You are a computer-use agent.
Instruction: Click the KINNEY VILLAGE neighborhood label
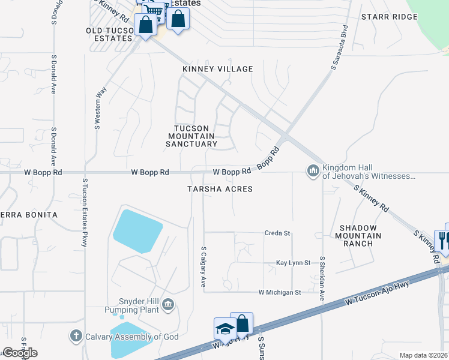(x=218, y=70)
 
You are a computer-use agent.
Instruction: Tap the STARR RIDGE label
(x=389, y=17)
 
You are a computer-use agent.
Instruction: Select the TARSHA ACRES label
(x=219, y=189)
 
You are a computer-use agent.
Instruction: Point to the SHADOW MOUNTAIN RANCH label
(x=358, y=235)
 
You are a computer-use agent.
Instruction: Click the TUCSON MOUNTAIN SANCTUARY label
(x=191, y=136)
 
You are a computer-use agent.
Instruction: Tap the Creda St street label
(x=277, y=233)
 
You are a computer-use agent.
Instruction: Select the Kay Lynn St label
(x=293, y=263)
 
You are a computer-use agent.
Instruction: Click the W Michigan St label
(x=279, y=292)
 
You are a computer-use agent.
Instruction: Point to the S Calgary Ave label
(x=203, y=266)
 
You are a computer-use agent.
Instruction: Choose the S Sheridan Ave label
(x=322, y=278)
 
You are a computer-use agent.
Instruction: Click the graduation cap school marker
(x=225, y=329)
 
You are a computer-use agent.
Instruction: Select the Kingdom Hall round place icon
(x=312, y=172)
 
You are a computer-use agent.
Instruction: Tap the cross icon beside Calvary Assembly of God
(x=76, y=336)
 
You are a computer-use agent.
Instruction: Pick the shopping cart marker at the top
(x=155, y=10)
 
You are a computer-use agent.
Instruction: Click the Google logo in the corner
(x=20, y=353)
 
